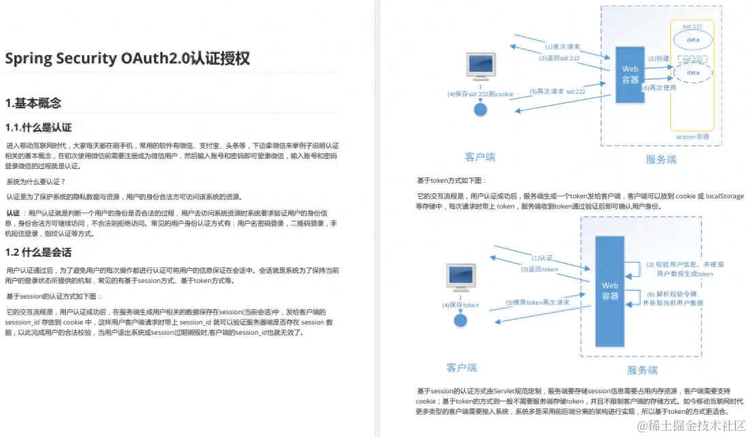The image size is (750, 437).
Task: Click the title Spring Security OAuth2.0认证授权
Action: [127, 59]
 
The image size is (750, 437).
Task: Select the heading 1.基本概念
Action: [33, 104]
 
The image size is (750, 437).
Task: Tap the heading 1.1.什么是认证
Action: [38, 127]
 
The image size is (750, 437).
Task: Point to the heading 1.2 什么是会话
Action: [38, 252]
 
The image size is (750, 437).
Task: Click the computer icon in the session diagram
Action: [480, 67]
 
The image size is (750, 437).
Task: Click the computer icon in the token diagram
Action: [460, 277]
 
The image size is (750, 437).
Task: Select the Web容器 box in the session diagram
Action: [630, 74]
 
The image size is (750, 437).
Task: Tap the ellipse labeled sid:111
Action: [693, 36]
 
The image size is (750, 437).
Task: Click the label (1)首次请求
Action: [563, 47]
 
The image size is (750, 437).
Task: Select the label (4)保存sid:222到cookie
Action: [480, 94]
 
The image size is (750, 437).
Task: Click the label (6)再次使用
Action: [659, 87]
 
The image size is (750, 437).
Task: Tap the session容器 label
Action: [692, 137]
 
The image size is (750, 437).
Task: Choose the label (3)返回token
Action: [539, 269]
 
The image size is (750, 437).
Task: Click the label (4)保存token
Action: [460, 305]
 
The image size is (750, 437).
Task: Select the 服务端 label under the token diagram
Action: [642, 370]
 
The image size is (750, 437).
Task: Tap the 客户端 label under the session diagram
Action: [480, 157]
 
